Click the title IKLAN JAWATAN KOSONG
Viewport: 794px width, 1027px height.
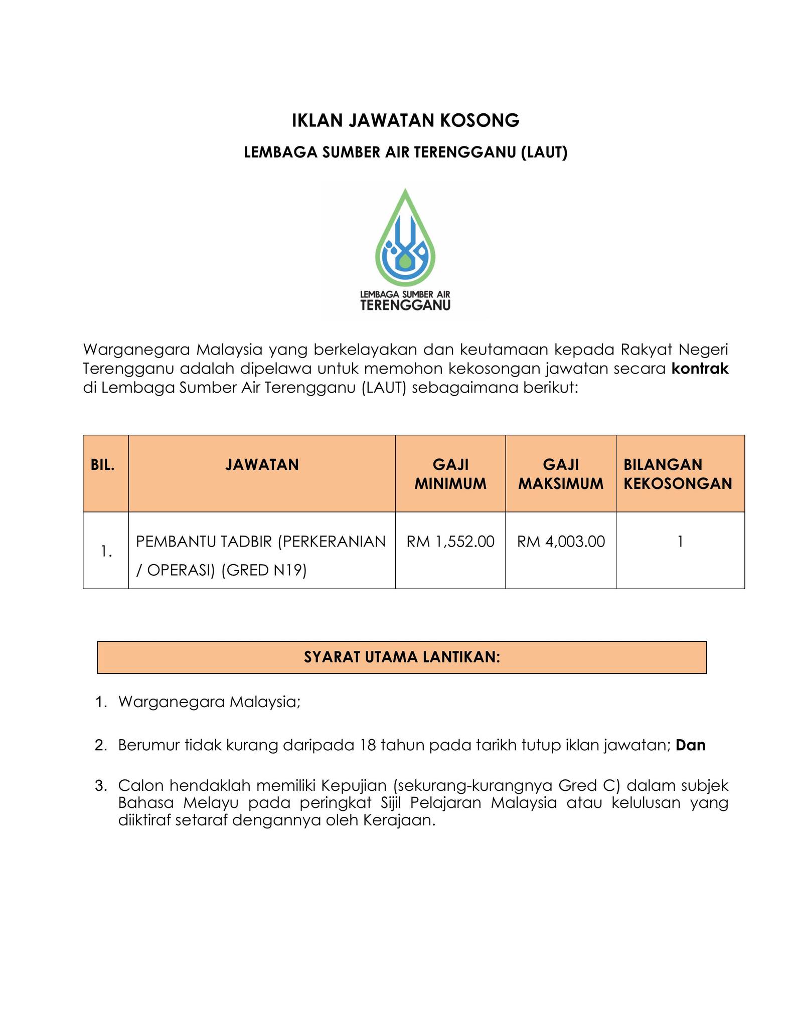point(405,121)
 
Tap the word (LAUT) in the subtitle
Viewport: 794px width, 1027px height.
point(544,152)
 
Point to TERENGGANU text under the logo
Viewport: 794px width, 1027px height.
point(405,305)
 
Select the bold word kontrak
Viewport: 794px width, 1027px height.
point(700,369)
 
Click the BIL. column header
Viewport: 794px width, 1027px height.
point(103,465)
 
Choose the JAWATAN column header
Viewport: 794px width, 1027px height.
point(262,465)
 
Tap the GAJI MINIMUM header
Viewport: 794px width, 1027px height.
point(450,474)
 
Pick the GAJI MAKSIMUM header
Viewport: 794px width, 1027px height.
point(560,474)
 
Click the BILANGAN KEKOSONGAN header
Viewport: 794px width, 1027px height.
point(678,474)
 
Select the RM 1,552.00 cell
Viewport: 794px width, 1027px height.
point(450,542)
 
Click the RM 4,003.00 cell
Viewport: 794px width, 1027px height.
point(561,542)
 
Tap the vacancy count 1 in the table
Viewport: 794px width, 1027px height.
point(680,542)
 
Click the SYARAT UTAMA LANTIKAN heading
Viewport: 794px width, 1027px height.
point(402,657)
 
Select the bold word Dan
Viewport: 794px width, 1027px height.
point(690,745)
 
